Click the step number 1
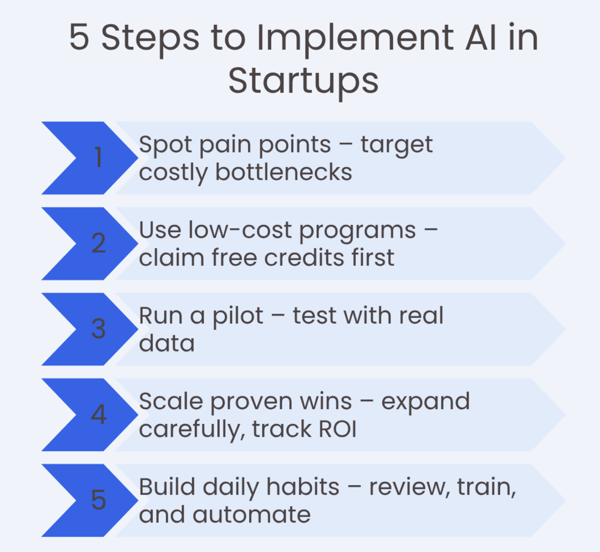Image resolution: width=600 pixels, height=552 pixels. tap(98, 157)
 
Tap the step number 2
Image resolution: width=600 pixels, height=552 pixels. tap(98, 243)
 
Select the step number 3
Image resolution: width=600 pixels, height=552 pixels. tap(98, 329)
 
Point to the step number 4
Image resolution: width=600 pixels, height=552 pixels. tap(98, 414)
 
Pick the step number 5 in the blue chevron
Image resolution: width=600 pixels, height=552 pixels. tap(98, 500)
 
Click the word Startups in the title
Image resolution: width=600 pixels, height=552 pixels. tap(303, 81)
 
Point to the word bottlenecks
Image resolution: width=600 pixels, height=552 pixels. tap(284, 172)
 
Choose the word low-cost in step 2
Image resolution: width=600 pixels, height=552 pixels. tap(240, 230)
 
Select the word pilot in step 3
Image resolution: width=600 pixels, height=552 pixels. tap(238, 316)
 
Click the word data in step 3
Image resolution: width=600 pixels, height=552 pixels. tap(167, 344)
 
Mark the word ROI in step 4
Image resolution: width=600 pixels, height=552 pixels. tap(338, 429)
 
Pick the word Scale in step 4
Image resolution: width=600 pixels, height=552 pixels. tap(171, 402)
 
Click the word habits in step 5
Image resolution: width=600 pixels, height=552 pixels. tap(303, 487)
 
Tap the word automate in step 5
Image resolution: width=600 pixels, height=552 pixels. tap(251, 515)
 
